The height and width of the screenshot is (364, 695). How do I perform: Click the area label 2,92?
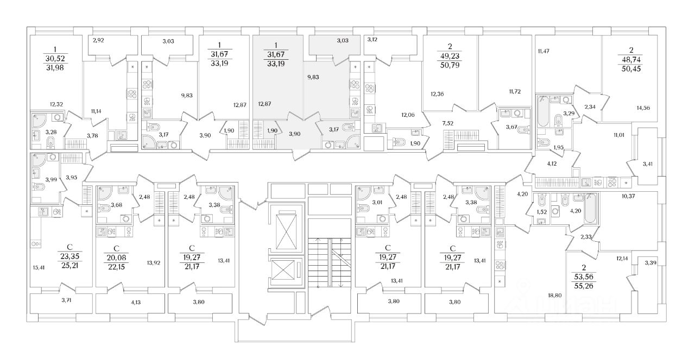[98, 40]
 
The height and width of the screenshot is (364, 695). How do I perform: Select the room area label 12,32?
[56, 104]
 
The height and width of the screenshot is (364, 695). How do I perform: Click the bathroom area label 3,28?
[50, 132]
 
